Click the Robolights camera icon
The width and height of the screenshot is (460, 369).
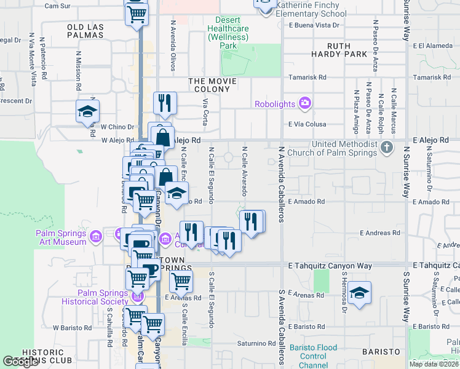point(304,103)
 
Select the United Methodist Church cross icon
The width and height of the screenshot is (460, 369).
point(386,147)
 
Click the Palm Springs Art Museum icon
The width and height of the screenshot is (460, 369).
point(95,237)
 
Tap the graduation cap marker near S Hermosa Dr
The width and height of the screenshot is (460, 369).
point(360,293)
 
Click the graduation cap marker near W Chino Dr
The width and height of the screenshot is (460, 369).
point(87,113)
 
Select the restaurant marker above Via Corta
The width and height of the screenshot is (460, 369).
point(164,103)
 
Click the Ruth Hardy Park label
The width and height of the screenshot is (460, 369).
point(347,50)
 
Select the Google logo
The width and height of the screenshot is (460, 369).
point(20,361)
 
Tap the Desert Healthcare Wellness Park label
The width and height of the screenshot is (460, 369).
point(228,33)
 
